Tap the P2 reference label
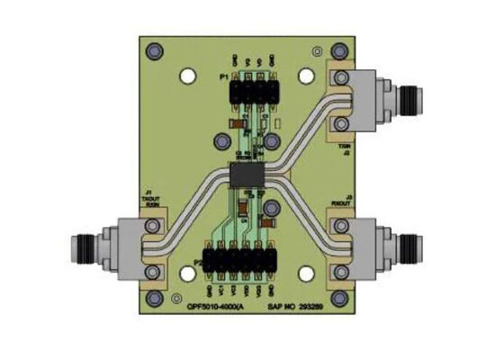pyautogui.click(x=197, y=262)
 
